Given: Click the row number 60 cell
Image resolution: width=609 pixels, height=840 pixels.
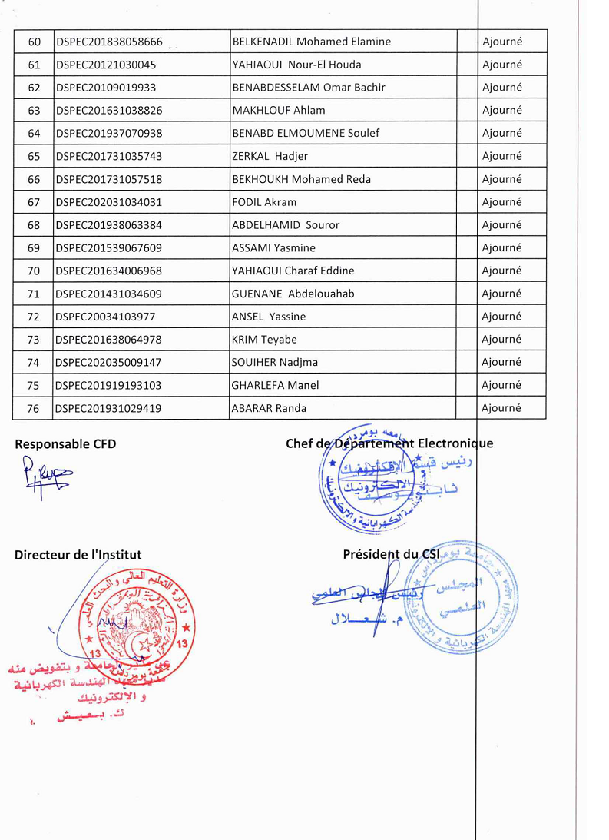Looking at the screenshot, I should point(34,42).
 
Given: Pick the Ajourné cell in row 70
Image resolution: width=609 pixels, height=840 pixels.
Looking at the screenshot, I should point(501,271).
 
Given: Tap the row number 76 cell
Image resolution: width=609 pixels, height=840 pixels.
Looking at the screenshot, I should point(34,408).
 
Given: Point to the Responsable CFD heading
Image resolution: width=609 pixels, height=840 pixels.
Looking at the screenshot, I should point(65,443).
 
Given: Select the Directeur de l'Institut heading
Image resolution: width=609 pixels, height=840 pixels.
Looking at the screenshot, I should point(78,555).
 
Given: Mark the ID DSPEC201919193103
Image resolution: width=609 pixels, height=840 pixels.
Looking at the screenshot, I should point(108,385).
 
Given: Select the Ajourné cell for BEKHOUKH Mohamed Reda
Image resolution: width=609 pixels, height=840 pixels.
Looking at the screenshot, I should point(501,179).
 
